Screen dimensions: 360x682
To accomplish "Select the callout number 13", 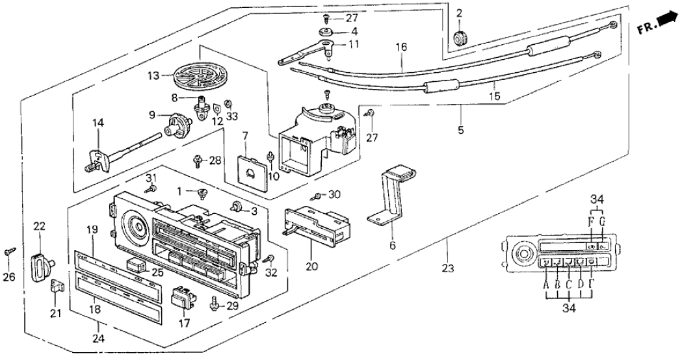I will click(x=154, y=76).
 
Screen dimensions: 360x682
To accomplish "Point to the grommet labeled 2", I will click(x=460, y=39).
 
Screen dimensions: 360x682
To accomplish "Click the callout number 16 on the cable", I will click(x=401, y=47).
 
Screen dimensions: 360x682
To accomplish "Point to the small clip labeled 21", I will click(x=57, y=285).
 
